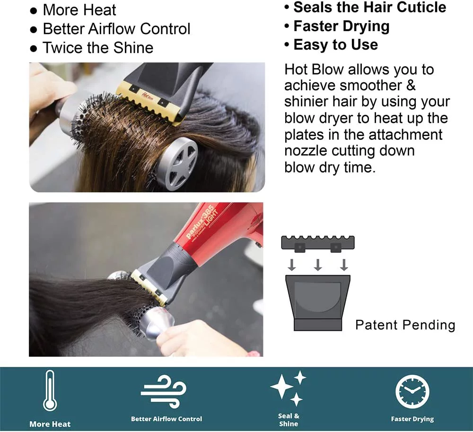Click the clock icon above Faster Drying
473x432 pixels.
point(412,392)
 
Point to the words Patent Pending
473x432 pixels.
point(405,325)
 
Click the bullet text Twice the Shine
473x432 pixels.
point(98,48)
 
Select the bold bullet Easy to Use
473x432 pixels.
point(335,45)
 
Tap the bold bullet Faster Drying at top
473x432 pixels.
point(341,26)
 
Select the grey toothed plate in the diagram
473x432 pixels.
point(317,242)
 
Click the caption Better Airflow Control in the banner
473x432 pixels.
point(166,419)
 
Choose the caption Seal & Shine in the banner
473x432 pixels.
point(289,420)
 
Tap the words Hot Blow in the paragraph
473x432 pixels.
point(314,69)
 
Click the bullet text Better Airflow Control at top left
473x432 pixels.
point(116,29)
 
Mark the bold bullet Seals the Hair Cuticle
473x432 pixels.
point(369,8)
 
